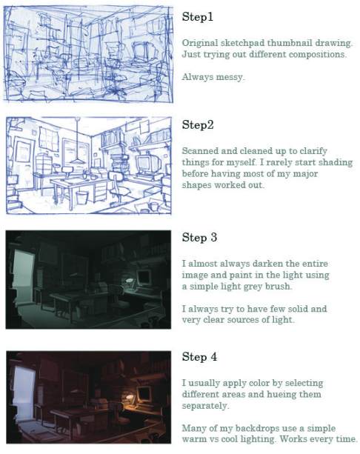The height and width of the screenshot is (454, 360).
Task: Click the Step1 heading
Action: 198,16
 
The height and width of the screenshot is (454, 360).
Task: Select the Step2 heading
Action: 198,124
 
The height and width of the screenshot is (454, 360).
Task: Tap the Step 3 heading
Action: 199,237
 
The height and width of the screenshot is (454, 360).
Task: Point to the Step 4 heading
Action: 199,356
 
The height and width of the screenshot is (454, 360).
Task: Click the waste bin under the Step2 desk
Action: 81,198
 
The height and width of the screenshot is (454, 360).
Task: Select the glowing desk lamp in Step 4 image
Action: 130,398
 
